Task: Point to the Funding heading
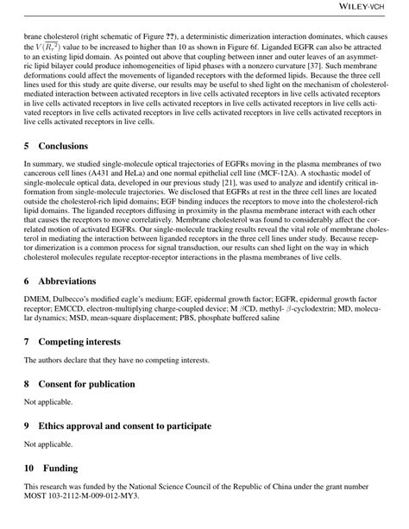[58, 469]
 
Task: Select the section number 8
[28, 383]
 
